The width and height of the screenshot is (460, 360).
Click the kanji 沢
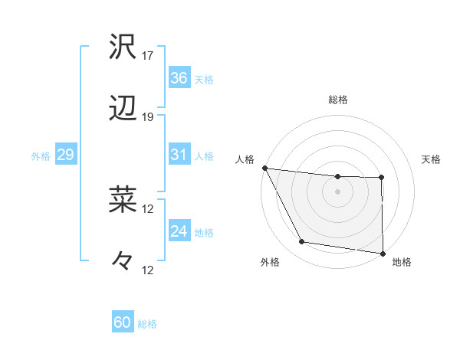(123, 47)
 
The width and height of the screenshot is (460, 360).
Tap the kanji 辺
(123, 109)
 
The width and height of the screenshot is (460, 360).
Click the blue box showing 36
(179, 78)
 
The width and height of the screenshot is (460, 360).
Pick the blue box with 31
(179, 155)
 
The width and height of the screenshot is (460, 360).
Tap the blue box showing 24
(179, 231)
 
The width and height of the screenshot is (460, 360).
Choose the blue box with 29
(65, 155)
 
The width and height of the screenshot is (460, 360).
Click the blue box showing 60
(123, 322)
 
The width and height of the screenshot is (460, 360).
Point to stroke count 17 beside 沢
(148, 56)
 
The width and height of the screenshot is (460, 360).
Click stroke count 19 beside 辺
(148, 117)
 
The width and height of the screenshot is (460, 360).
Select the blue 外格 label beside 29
(41, 155)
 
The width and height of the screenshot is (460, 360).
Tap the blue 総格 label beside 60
(147, 324)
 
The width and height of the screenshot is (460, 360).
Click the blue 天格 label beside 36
(204, 79)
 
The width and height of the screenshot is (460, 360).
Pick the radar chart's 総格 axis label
(337, 100)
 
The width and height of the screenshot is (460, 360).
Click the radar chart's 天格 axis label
(432, 159)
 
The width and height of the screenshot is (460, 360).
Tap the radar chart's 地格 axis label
(402, 262)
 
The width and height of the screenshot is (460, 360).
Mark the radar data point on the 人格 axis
(264, 168)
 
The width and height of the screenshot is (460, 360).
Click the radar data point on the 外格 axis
(301, 243)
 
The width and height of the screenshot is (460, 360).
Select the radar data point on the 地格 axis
(383, 254)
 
